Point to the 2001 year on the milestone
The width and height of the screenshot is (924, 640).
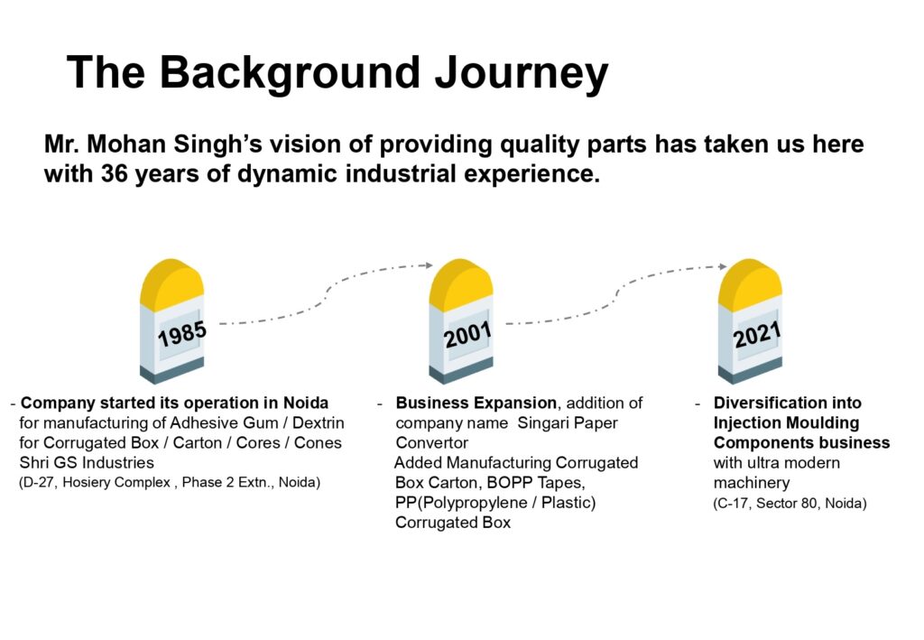click(x=467, y=336)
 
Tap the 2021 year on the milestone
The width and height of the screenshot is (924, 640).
click(x=756, y=335)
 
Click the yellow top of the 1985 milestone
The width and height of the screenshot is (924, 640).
click(x=171, y=281)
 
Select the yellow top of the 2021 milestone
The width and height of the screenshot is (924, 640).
click(x=748, y=281)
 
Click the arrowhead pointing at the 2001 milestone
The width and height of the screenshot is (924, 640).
click(x=429, y=265)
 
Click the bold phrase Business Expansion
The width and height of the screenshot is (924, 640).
click(x=478, y=403)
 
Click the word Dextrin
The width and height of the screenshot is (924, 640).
click(x=319, y=422)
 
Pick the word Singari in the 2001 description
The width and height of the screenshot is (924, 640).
click(x=533, y=422)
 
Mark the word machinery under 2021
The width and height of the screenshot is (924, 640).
click(x=751, y=483)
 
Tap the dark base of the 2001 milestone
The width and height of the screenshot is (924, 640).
click(x=460, y=371)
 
